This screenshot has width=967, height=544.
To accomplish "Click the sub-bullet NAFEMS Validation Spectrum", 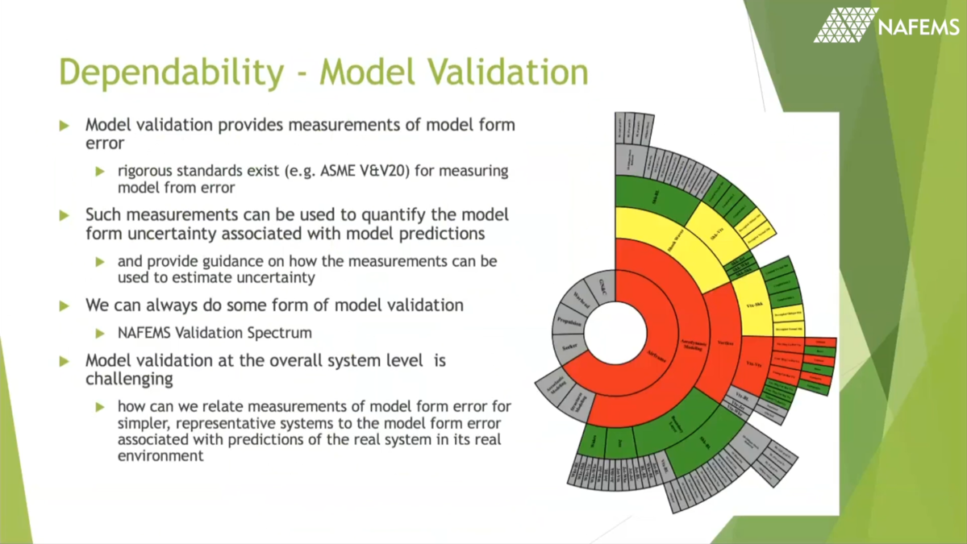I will pos(215,333).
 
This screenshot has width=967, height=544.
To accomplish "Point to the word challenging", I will pos(129,378).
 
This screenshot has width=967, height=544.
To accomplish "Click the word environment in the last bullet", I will pos(160,455).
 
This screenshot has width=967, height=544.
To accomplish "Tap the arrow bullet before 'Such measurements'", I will pos(65,216).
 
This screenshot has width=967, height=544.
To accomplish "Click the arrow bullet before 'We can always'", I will pos(65,306).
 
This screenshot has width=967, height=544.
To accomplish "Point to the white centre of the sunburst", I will pos(615,333).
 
